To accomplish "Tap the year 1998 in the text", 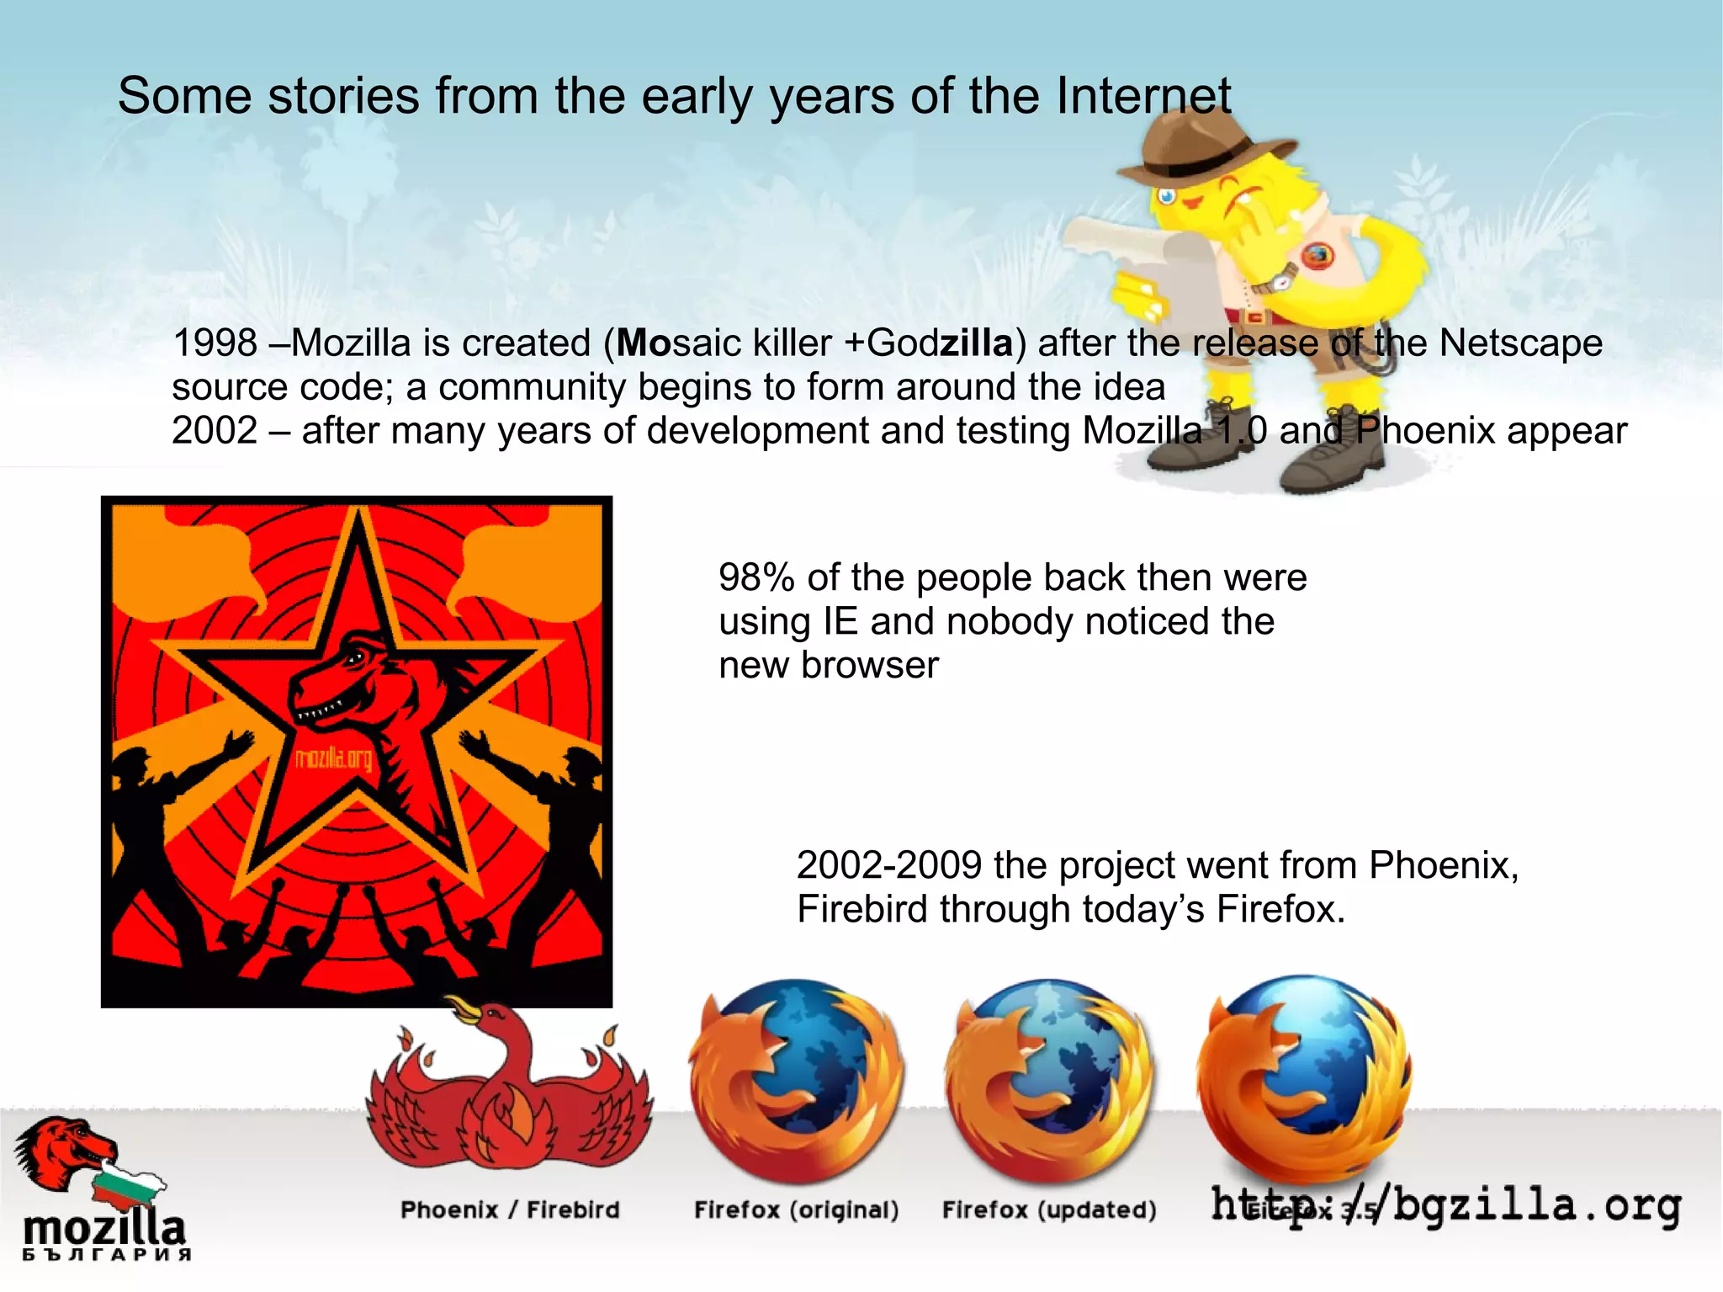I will point(215,343).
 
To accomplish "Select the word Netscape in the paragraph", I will point(1520,343).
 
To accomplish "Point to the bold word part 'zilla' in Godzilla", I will point(976,343).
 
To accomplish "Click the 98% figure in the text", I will point(756,578).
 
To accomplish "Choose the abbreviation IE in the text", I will point(840,622).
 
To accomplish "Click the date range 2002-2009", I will point(889,865).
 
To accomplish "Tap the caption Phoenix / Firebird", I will point(510,1210).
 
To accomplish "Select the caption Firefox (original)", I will point(796,1210).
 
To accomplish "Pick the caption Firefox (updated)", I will point(1049,1210).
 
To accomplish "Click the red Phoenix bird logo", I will point(509,1086).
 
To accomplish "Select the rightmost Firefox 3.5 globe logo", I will point(1303,1077).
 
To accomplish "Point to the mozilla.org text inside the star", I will point(333,759).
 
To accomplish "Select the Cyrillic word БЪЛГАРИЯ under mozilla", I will point(106,1255).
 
